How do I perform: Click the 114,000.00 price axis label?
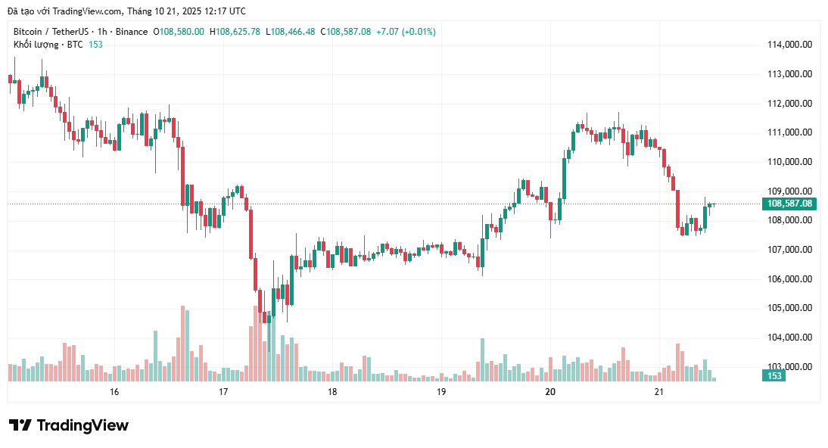(x=789, y=45)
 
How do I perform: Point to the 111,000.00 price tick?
(x=789, y=132)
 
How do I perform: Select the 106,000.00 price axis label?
(x=789, y=279)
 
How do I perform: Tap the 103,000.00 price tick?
(x=789, y=367)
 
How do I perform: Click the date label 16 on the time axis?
(x=114, y=392)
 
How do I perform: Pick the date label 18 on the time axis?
(x=332, y=392)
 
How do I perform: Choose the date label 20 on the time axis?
(x=550, y=392)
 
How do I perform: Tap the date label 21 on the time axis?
(x=659, y=392)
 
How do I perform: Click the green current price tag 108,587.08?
(x=789, y=204)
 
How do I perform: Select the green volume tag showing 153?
(x=774, y=376)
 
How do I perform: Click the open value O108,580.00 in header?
(x=179, y=32)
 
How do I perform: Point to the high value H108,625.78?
(x=235, y=32)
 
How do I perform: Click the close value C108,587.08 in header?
(x=346, y=32)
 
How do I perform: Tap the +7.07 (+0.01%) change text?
(x=408, y=32)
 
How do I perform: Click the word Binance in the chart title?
(x=132, y=32)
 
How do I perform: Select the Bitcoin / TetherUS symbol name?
(x=48, y=32)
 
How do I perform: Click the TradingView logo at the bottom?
(x=69, y=425)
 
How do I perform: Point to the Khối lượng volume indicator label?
(x=36, y=45)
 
